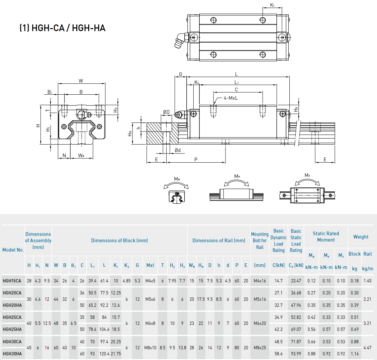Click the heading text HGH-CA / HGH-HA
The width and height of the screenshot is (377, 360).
pyautogui.click(x=63, y=28)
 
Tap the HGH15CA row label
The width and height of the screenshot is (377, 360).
pyautogui.click(x=12, y=281)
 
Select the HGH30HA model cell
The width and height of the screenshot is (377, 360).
pyautogui.click(x=12, y=354)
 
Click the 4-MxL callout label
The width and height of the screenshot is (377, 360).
pyautogui.click(x=230, y=98)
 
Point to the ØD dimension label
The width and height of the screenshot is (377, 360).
pyautogui.click(x=166, y=112)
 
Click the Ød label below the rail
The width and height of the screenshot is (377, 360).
pyautogui.click(x=178, y=150)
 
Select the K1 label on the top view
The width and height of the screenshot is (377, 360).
pyautogui.click(x=272, y=5)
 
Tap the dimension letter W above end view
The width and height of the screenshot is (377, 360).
pyautogui.click(x=81, y=81)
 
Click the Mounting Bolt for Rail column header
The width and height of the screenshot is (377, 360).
pyautogui.click(x=260, y=241)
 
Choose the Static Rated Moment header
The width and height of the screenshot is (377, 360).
pyautogui.click(x=326, y=237)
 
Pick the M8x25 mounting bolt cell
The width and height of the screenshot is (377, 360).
pyautogui.click(x=260, y=348)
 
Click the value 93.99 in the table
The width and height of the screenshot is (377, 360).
pyautogui.click(x=296, y=354)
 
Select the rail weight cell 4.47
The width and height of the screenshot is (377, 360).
pyautogui.click(x=367, y=348)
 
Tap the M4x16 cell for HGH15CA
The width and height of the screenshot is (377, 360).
pyautogui.click(x=260, y=281)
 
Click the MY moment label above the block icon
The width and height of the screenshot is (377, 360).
pyautogui.click(x=307, y=175)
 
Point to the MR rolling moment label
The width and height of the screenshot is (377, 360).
pyautogui.click(x=177, y=179)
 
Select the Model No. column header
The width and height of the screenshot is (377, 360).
pyautogui.click(x=13, y=250)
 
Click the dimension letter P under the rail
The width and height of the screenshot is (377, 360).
pyautogui.click(x=196, y=160)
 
